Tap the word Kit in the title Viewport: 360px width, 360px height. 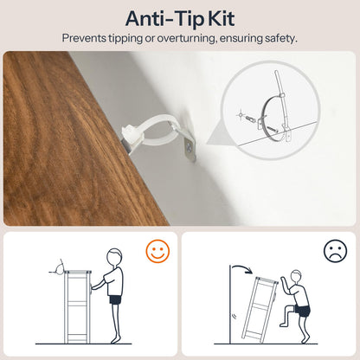(222, 19)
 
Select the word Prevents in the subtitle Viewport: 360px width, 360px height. (84, 39)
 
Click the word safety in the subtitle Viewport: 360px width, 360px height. (281, 39)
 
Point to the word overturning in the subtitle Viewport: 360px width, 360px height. (187, 39)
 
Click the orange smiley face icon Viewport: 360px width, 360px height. (157, 252)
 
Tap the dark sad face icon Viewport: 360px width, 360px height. (335, 250)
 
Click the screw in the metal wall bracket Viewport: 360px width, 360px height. (190, 147)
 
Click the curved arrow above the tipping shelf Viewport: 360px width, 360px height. (243, 267)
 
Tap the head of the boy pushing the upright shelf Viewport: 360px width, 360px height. (114, 256)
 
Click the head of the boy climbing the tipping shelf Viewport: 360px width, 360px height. (296, 277)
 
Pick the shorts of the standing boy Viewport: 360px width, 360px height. (115, 299)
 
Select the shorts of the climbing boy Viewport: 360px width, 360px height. (302, 311)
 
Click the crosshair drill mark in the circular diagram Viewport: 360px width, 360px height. (241, 115)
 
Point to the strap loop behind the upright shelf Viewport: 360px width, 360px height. (60, 267)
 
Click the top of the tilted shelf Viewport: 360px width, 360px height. (267, 280)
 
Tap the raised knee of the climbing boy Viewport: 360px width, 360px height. (286, 309)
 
